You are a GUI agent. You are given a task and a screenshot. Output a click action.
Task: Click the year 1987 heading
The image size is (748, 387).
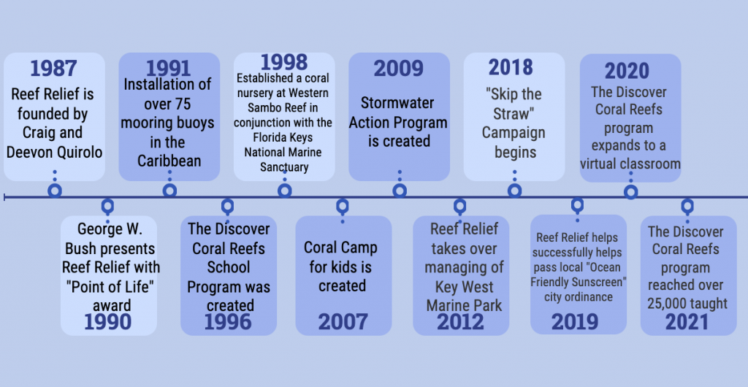point(53,69)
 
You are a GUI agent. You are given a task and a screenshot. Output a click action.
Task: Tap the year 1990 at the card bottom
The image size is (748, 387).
point(108,322)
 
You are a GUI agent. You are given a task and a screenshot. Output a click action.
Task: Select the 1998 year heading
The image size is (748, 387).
point(284,63)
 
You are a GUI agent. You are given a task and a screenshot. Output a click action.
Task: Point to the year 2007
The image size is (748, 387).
point(343,322)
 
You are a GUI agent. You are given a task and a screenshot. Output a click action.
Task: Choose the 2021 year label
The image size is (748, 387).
point(687,322)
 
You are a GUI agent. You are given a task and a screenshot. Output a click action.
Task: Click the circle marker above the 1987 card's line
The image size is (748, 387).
point(55,191)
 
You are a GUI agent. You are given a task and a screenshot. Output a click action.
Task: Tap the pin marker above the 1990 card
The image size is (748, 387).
point(108,207)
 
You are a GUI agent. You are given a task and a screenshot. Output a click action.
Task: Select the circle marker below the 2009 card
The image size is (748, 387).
point(400,191)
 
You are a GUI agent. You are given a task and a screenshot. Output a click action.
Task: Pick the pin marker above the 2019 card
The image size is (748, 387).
point(577,205)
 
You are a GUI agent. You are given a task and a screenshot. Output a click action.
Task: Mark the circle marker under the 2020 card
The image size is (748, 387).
point(630,192)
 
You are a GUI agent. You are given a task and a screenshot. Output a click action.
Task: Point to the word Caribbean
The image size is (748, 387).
point(169,161)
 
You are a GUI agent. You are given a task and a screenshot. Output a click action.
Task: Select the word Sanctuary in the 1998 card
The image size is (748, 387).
point(284,167)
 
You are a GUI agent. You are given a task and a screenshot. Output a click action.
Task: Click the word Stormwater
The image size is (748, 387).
point(397,103)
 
